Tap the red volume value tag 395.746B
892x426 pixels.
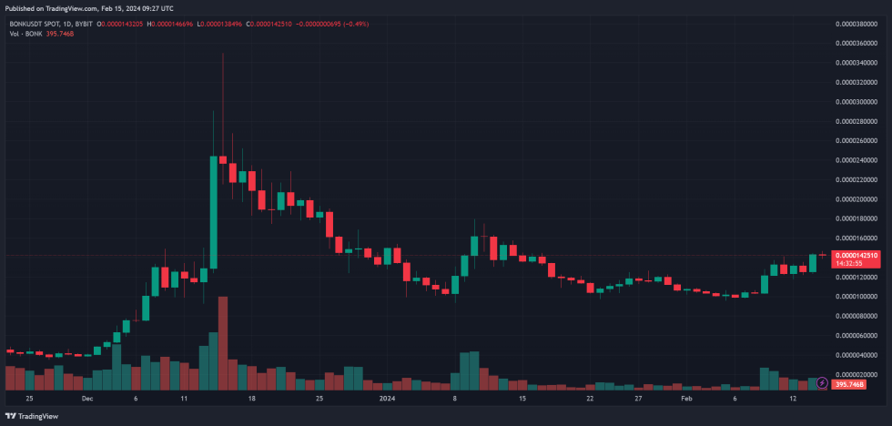(857, 383)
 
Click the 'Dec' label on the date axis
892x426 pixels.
(87, 399)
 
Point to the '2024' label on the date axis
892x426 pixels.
(387, 399)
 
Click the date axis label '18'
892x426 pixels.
(251, 399)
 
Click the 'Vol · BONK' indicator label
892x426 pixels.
(25, 34)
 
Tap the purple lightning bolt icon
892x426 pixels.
(823, 383)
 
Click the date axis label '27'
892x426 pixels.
(638, 399)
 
